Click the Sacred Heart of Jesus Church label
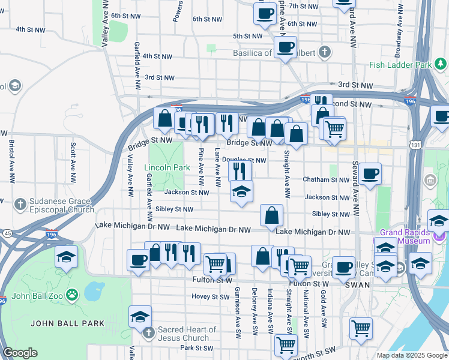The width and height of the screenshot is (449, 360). pos(187,334)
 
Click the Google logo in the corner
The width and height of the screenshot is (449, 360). pos(20,353)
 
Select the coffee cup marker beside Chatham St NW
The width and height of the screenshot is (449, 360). pos(369,173)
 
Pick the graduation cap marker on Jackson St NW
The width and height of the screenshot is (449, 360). pos(241,191)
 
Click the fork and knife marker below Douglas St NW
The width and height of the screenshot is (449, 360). pos(240,171)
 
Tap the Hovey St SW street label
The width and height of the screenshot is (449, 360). pos(210,296)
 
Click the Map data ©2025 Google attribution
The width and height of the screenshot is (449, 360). pos(411,355)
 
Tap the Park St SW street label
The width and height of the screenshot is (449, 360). pos(193,347)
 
